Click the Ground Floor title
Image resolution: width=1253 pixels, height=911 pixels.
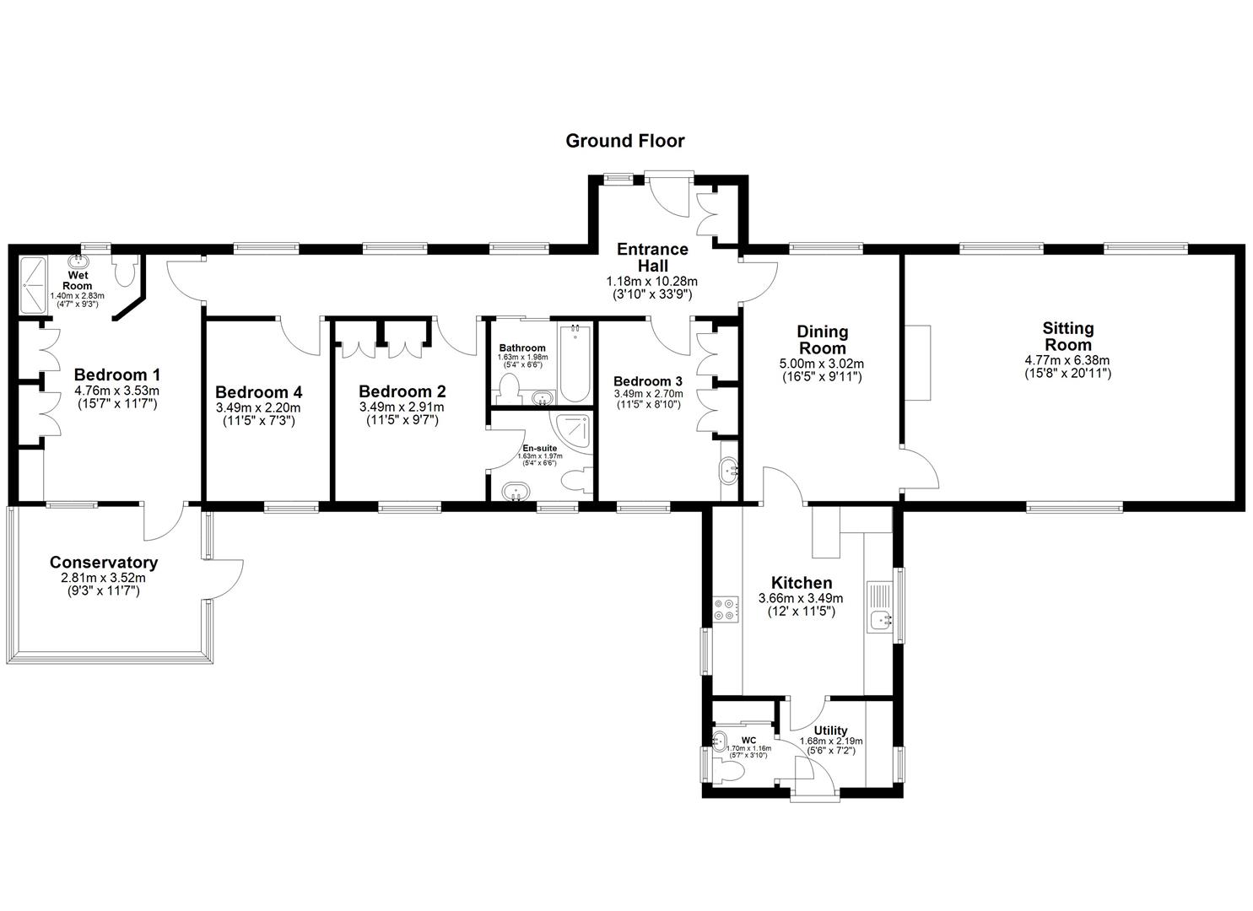coord(624,141)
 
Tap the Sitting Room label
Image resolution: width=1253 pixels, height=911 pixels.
coord(1067,337)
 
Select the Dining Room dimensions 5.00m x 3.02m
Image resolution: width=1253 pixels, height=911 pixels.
coord(822,364)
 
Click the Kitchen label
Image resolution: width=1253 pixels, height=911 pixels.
coord(801,583)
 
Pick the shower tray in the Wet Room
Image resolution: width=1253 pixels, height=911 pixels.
coord(34,284)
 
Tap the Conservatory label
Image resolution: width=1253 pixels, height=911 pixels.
coord(103,563)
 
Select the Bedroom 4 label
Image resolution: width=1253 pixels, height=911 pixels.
coord(258,392)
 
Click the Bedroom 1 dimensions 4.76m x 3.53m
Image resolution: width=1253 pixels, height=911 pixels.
coord(116,391)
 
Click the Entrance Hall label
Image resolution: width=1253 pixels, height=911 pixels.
coord(651,257)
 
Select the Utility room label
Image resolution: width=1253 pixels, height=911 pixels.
coord(830,730)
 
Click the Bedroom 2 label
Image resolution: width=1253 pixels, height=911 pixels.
coord(402,391)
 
